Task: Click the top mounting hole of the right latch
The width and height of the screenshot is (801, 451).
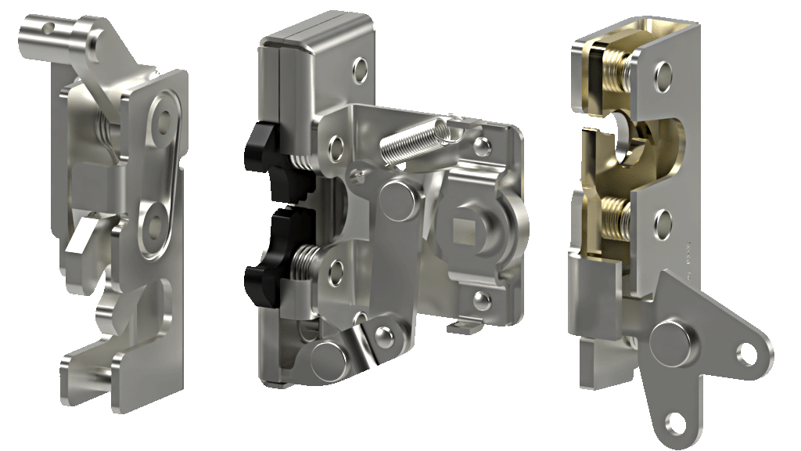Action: [x=663, y=76]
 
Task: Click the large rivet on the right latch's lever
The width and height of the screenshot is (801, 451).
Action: [x=670, y=341]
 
